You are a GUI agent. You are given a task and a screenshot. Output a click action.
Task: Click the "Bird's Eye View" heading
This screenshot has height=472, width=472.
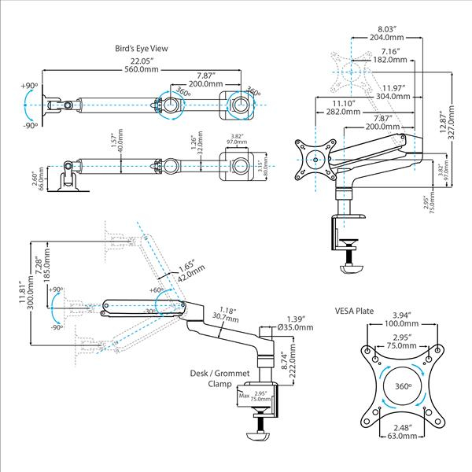click(x=141, y=48)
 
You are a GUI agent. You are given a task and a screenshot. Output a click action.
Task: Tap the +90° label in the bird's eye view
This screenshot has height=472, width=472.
click(x=30, y=84)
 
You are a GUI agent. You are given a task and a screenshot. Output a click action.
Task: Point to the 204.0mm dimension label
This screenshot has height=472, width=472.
click(x=388, y=38)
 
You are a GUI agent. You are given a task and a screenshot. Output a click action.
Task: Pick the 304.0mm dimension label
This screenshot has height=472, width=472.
click(x=393, y=96)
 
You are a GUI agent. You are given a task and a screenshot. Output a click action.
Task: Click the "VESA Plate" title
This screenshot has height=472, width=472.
click(x=354, y=311)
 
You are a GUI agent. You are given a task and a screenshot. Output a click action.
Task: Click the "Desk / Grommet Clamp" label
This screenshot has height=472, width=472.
click(x=208, y=379)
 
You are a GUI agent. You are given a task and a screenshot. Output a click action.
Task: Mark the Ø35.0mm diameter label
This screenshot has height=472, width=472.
click(x=296, y=328)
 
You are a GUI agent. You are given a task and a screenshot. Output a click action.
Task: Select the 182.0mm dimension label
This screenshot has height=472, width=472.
click(x=390, y=60)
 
